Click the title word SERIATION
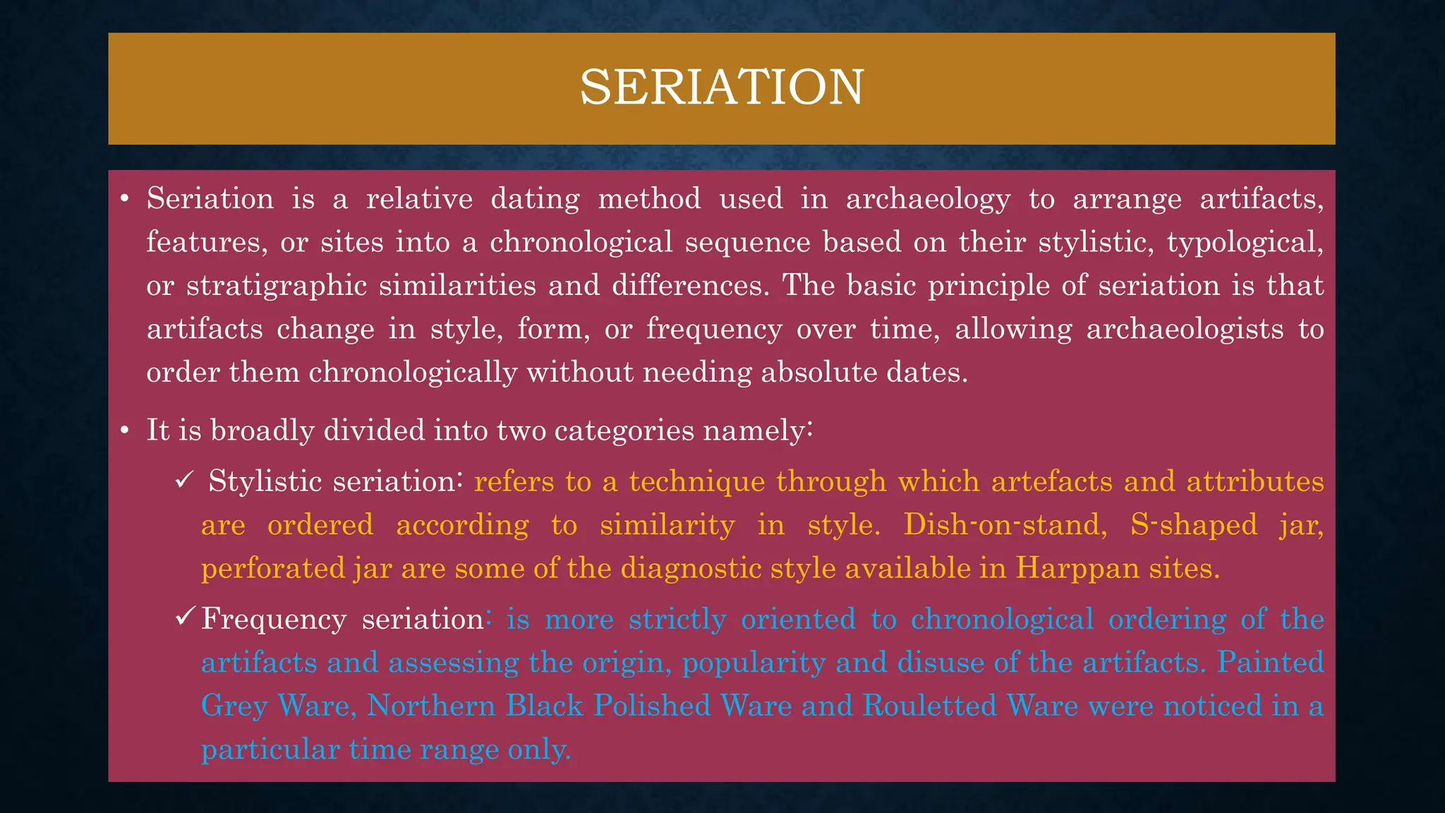pyautogui.click(x=722, y=88)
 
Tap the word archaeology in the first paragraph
pyautogui.click(x=928, y=200)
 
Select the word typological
pyautogui.click(x=1245, y=243)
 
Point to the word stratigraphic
pyautogui.click(x=277, y=286)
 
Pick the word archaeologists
pyautogui.click(x=1185, y=330)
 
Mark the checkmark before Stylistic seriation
pyautogui.click(x=183, y=481)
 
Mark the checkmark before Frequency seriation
pyautogui.click(x=185, y=618)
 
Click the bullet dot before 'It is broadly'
pyautogui.click(x=124, y=430)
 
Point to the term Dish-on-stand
pyautogui.click(x=1005, y=525)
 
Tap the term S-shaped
pyautogui.click(x=1194, y=525)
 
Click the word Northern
pyautogui.click(x=431, y=706)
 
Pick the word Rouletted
pyautogui.click(x=929, y=706)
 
